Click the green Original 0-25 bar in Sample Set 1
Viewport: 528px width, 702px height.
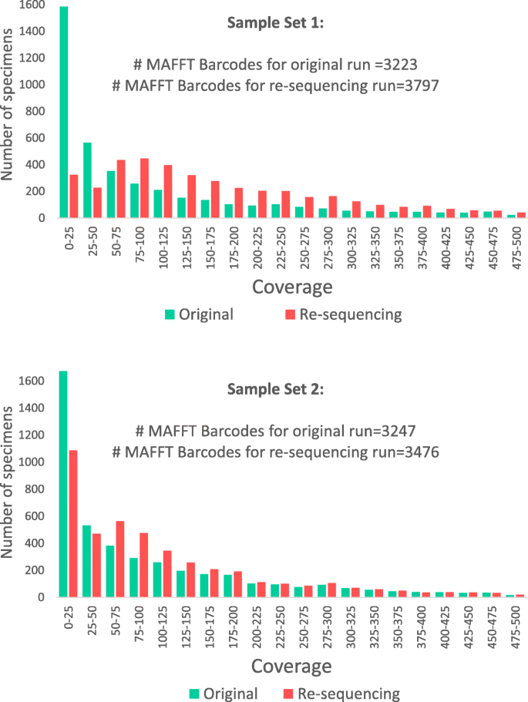tap(63, 112)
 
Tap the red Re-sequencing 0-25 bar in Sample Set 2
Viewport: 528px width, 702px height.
tap(73, 523)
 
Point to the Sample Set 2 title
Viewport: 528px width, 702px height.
tap(276, 389)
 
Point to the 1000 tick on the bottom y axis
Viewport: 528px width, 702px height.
tap(31, 462)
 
